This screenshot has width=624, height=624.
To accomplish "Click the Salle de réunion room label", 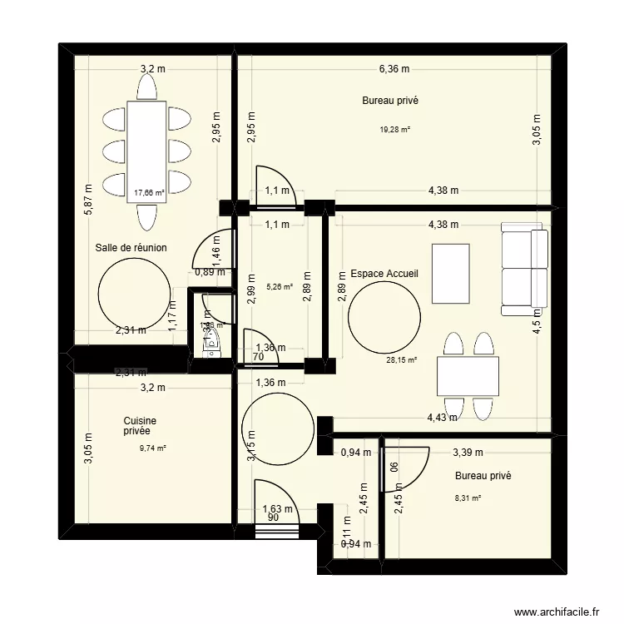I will (131, 248).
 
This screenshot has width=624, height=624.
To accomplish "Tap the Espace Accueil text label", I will (384, 273).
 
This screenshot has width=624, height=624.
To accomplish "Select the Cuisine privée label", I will (140, 427).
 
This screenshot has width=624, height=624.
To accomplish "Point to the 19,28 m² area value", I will (396, 129).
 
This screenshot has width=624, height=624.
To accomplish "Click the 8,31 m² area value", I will (469, 498).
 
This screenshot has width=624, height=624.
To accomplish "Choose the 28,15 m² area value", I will (401, 360).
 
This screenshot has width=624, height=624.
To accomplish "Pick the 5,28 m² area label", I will (280, 287).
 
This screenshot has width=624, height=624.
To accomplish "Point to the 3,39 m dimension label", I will (467, 453).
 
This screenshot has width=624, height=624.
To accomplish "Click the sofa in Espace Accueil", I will (525, 269).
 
